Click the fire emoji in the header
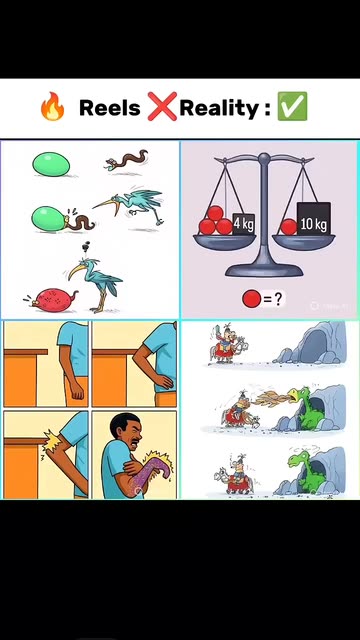pyautogui.click(x=52, y=107)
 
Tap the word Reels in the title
pyautogui.click(x=109, y=108)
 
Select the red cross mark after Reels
pyautogui.click(x=162, y=106)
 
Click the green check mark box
pyautogui.click(x=292, y=106)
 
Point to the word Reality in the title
pyautogui.click(x=219, y=109)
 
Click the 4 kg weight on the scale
pyautogui.click(x=244, y=224)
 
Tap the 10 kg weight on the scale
pyautogui.click(x=313, y=219)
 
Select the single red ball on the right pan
pyautogui.click(x=289, y=227)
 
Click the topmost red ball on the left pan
pyautogui.click(x=215, y=213)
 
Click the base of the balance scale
pyautogui.click(x=264, y=269)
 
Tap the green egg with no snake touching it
pyautogui.click(x=51, y=164)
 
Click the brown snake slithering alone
pyautogui.click(x=126, y=160)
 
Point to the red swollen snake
pyautogui.click(x=51, y=300)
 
